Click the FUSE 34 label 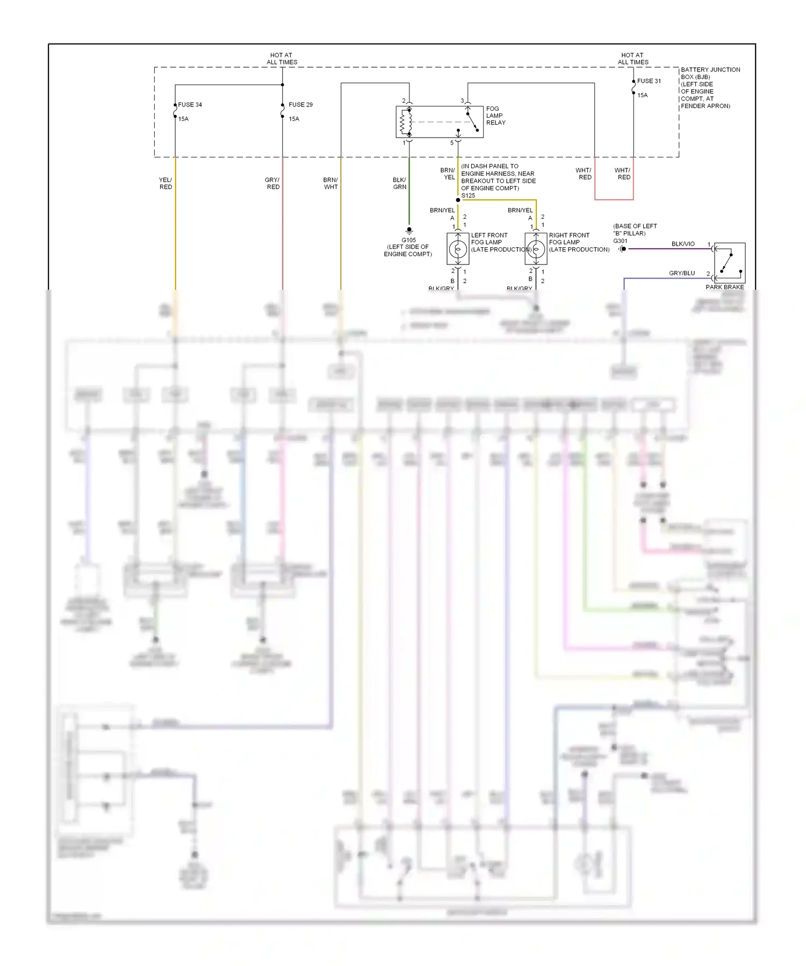190,105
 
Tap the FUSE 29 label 300,105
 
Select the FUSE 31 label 649,81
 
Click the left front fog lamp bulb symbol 458,249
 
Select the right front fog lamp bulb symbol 536,249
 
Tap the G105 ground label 408,240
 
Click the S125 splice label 468,196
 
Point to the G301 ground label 620,241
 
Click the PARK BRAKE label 724,287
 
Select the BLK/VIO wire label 682,244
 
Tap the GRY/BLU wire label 681,273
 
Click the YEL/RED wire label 165,183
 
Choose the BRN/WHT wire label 330,183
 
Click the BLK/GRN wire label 399,183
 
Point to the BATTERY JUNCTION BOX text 710,73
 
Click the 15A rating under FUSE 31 643,95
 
